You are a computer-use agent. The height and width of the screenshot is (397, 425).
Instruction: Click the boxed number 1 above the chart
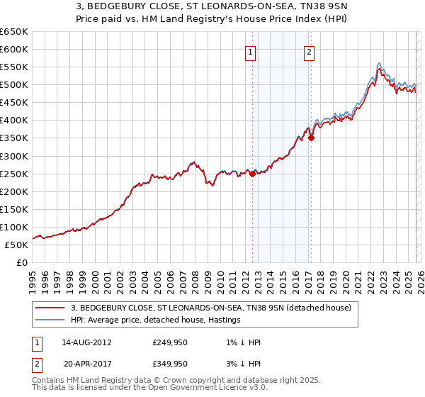point(251,51)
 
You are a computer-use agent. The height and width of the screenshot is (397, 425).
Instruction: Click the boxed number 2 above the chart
point(310,51)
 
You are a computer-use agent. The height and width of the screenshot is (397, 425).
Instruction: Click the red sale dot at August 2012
point(253,174)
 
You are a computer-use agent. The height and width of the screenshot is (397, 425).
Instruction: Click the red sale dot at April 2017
point(311,138)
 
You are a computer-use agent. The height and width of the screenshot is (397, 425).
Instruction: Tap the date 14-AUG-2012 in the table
point(86,342)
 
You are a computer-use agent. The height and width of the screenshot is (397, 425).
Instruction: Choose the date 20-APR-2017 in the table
point(86,362)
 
